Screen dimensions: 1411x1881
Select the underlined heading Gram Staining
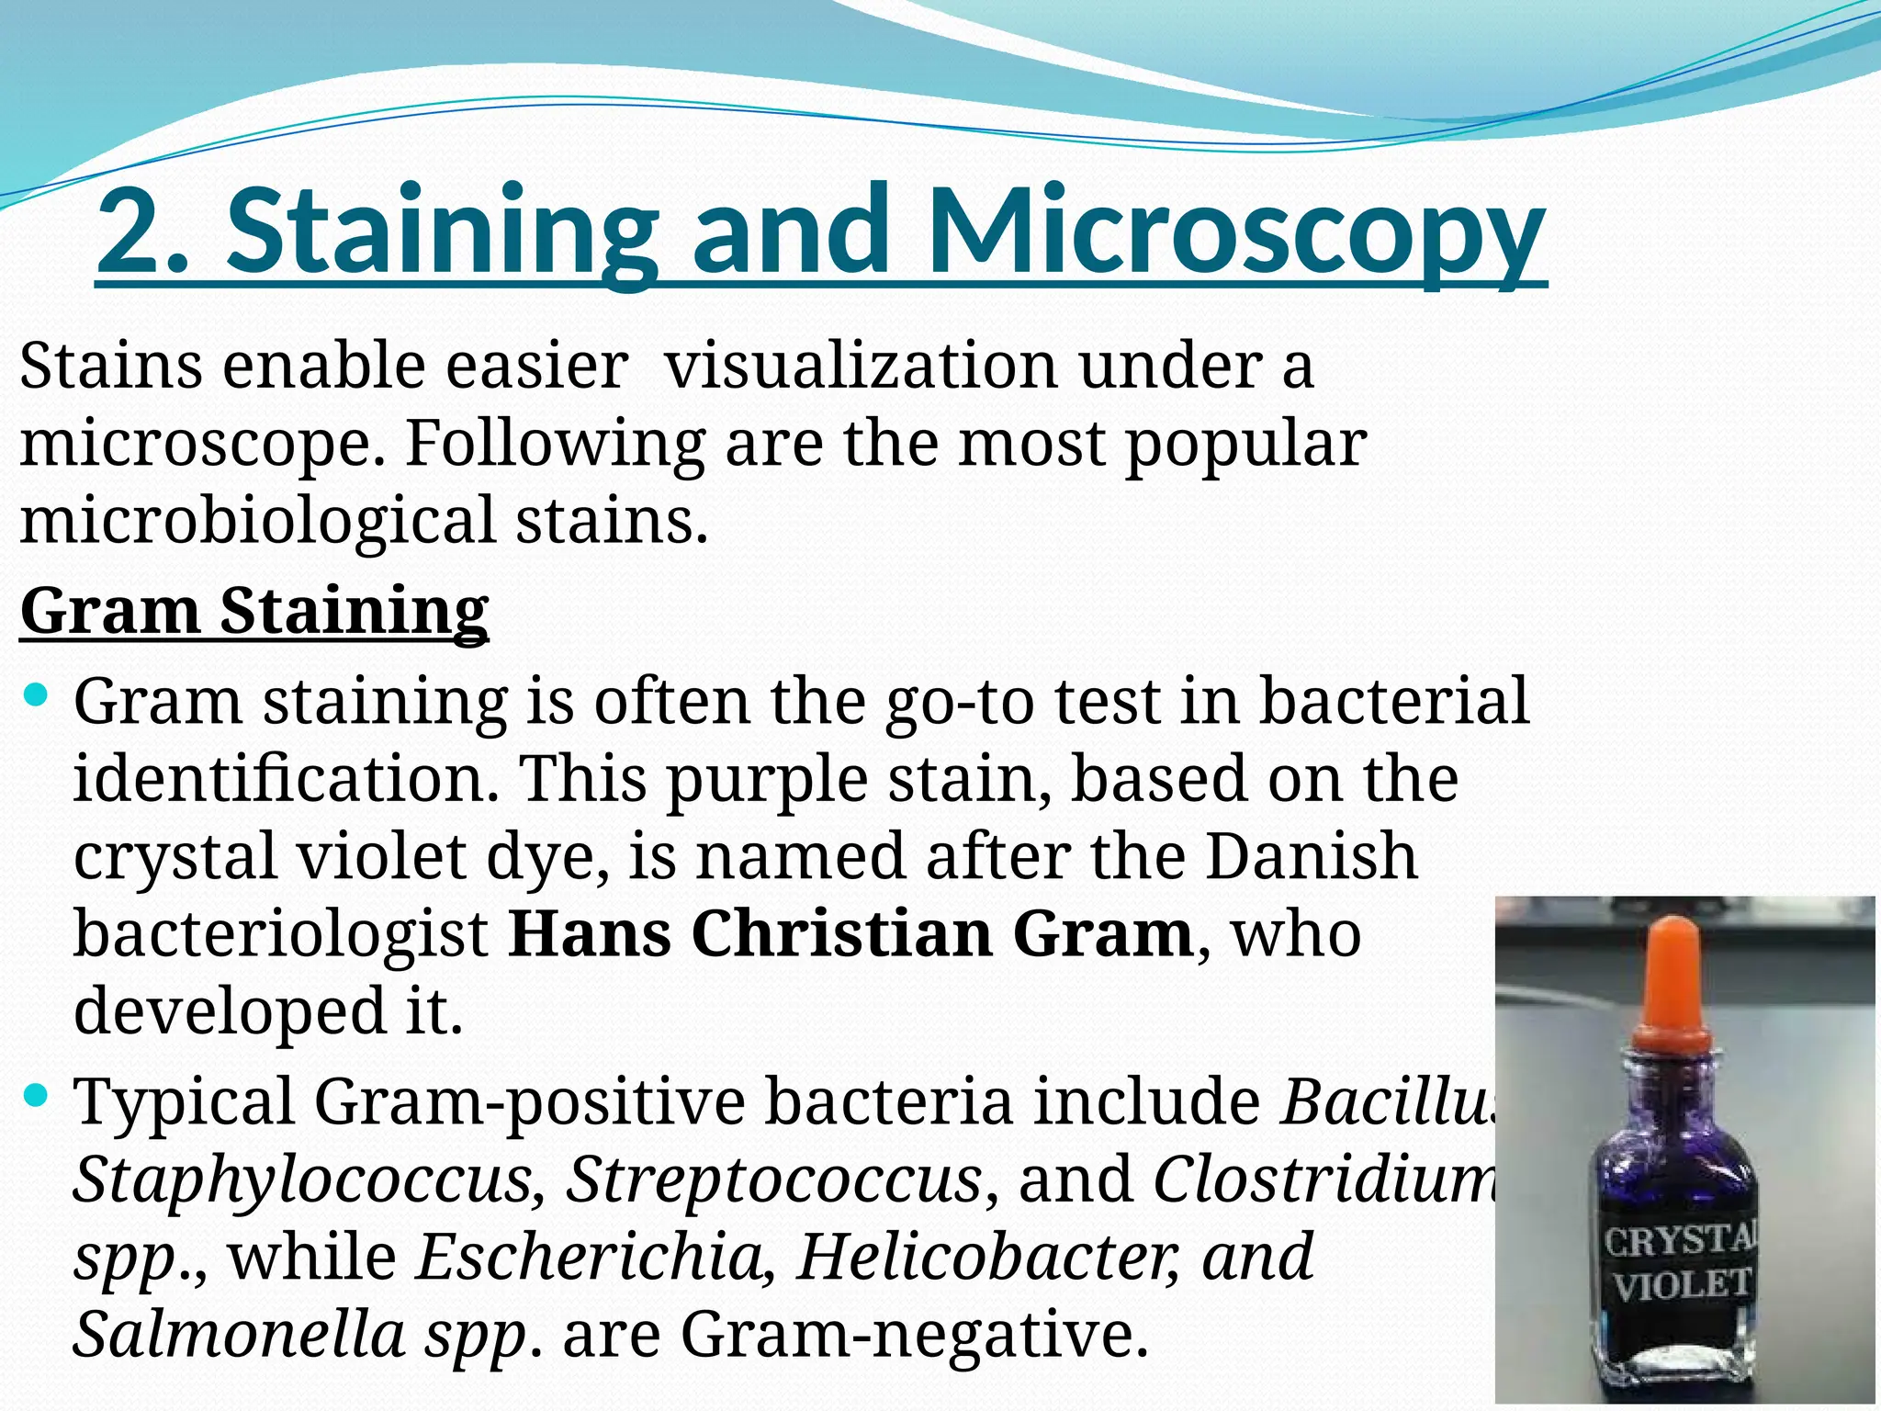[254, 610]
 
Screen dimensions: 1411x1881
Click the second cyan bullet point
[37, 1094]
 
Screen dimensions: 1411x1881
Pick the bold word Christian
[841, 933]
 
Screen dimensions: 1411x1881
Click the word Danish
[1312, 856]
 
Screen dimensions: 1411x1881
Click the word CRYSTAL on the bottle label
[1680, 1240]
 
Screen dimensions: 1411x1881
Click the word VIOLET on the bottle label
[1680, 1285]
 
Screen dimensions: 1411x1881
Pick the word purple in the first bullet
[767, 779]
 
